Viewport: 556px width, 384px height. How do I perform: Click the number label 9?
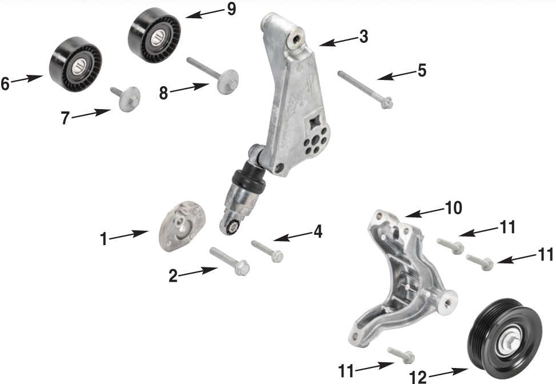(231, 9)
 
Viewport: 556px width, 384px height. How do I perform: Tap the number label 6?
(5, 83)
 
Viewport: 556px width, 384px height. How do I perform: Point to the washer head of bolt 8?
(229, 81)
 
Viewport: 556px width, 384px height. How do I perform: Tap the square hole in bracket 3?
(314, 122)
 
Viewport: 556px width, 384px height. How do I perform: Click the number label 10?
(454, 207)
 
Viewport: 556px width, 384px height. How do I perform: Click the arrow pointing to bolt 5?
(397, 75)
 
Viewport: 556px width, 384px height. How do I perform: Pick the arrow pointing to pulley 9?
(202, 14)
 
